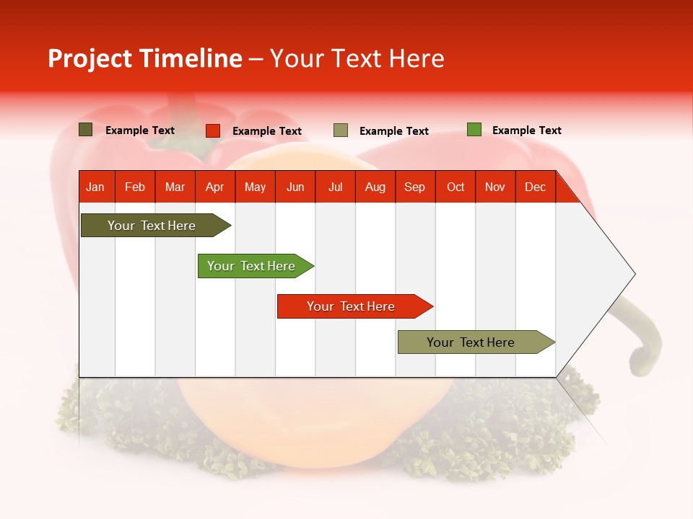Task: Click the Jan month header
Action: [95, 187]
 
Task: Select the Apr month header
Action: [215, 187]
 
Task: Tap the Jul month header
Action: [335, 187]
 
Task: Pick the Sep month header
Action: [414, 187]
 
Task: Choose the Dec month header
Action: [535, 187]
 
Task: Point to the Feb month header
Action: [135, 187]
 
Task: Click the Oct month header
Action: [456, 187]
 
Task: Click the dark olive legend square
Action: [86, 130]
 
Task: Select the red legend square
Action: [213, 130]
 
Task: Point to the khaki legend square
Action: [341, 130]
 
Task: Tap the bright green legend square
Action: [474, 130]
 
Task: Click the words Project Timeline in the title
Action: [145, 58]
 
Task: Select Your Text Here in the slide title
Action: [357, 58]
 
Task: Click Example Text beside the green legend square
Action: [526, 130]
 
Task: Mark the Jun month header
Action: [295, 187]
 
